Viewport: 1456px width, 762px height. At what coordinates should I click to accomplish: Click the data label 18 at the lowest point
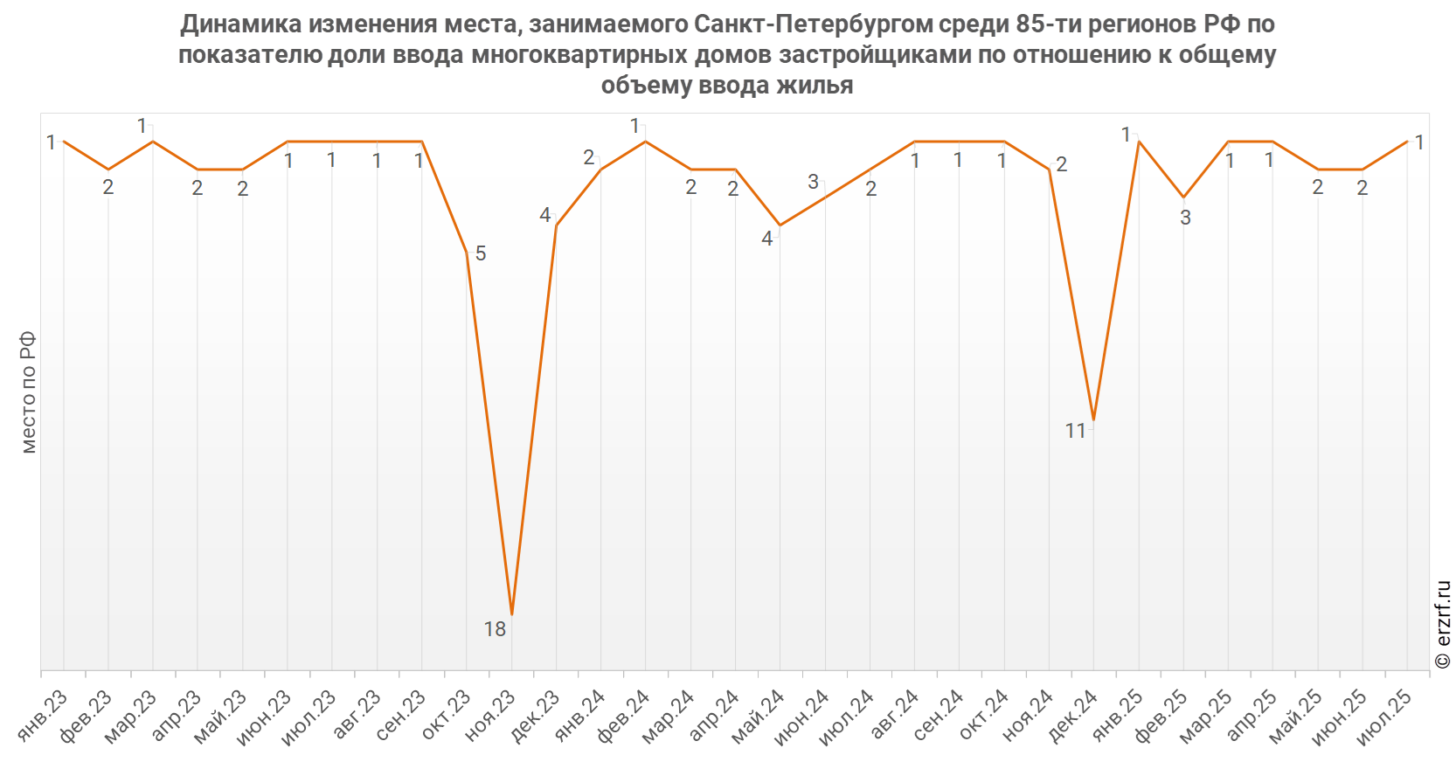pyautogui.click(x=495, y=628)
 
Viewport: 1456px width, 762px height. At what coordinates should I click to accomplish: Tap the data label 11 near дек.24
pyautogui.click(x=1076, y=431)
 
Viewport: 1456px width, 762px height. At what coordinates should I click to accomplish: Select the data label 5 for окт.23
pyautogui.click(x=481, y=253)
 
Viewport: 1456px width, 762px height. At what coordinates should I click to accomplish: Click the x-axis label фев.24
pyautogui.click(x=624, y=717)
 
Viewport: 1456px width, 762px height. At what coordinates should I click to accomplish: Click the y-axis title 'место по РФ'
pyautogui.click(x=29, y=392)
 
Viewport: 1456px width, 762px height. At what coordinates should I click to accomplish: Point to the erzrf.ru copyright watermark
pyautogui.click(x=1442, y=624)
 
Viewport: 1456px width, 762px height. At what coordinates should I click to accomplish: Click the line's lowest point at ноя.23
pyautogui.click(x=512, y=614)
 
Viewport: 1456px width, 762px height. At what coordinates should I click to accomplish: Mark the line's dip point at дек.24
pyautogui.click(x=1094, y=420)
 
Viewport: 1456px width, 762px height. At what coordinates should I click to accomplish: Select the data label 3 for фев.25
pyautogui.click(x=1186, y=218)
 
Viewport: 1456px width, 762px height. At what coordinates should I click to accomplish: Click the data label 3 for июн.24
pyautogui.click(x=813, y=182)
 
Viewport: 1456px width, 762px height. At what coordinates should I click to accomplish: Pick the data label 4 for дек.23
pyautogui.click(x=545, y=215)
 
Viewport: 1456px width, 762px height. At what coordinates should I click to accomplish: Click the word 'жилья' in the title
pyautogui.click(x=815, y=86)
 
